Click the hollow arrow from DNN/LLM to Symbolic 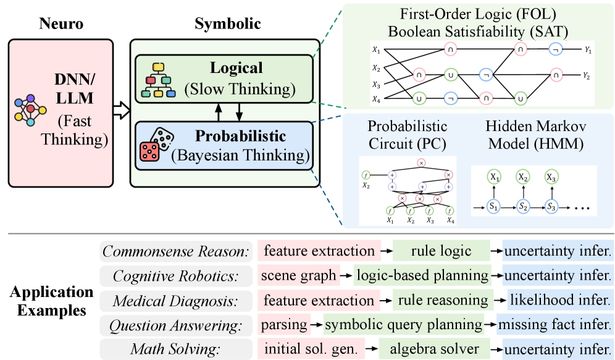(121, 111)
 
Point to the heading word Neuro (60, 24)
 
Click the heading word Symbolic (227, 24)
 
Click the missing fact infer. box (555, 324)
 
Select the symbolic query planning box (403, 324)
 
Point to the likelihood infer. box (559, 300)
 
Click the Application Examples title (51, 300)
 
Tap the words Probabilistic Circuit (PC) (408, 135)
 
